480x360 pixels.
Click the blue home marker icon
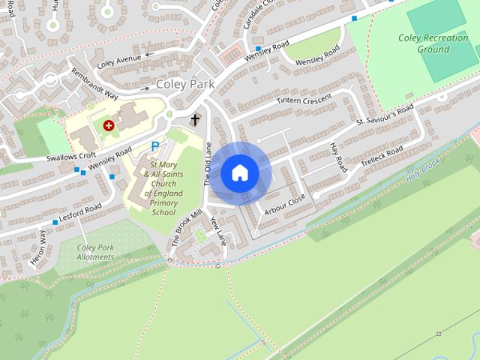pos(239,173)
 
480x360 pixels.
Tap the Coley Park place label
pos(186,85)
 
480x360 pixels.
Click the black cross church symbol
pos(195,119)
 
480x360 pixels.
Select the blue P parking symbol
pos(155,146)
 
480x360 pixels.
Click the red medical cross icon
pos(109,125)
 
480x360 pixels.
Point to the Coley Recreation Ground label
pos(433,43)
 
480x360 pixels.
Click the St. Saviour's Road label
pos(385,115)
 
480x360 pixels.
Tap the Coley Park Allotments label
pos(95,252)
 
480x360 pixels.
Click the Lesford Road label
pos(77,214)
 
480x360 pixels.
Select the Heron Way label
pos(38,248)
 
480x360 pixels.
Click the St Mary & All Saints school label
pos(163,187)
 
